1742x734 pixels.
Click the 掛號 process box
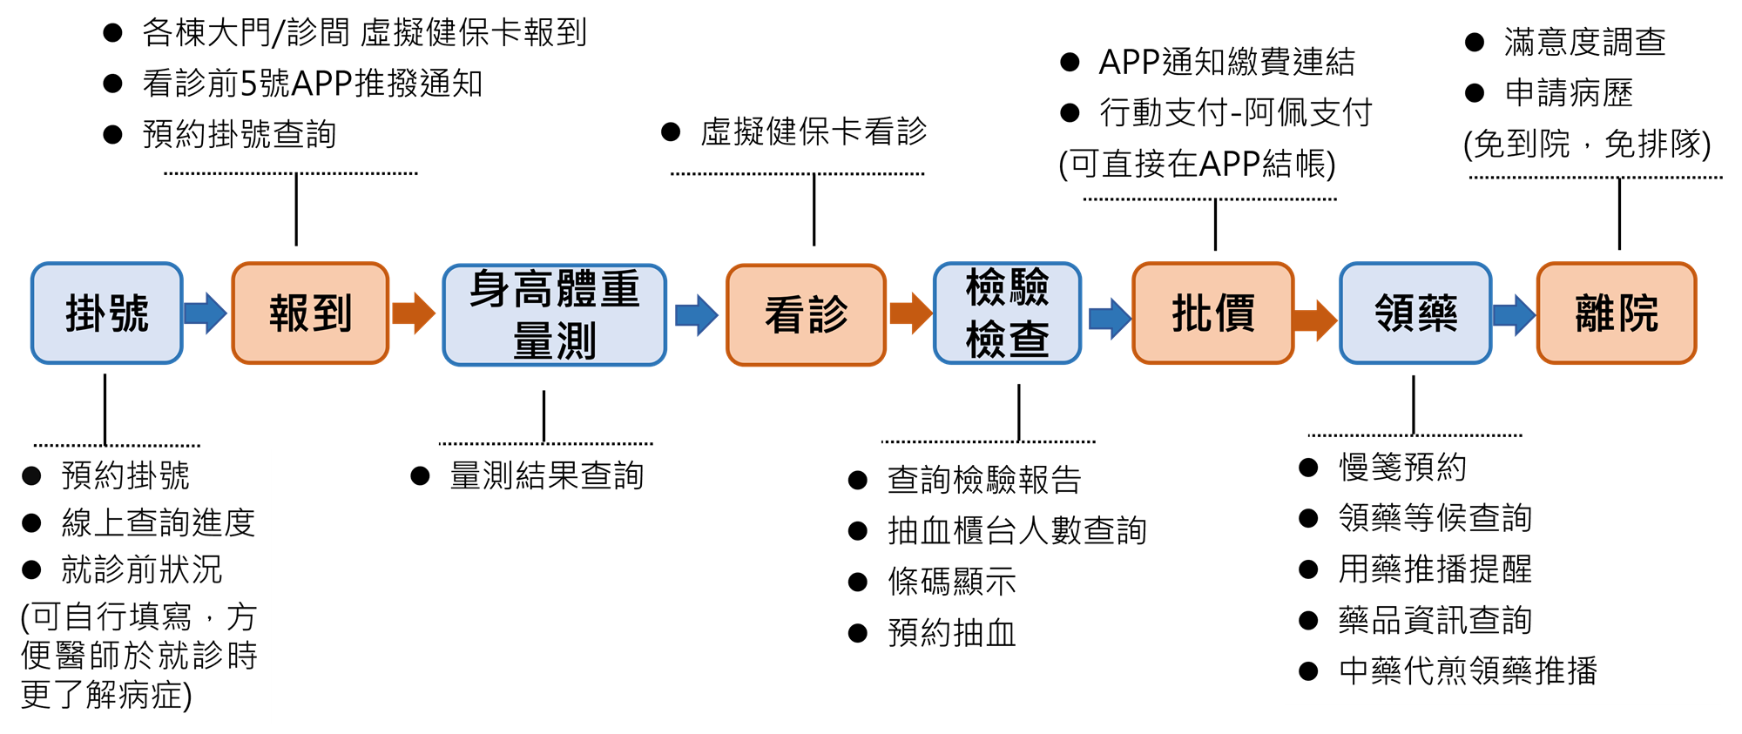pos(107,313)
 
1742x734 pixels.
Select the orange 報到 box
pos(310,313)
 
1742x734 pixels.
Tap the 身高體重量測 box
pos(555,314)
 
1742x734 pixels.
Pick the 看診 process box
pos(807,314)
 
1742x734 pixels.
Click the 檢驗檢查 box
pos(1007,313)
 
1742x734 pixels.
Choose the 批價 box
pos(1213,313)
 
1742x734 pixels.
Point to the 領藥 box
pos(1415,313)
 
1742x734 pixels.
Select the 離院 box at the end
pos(1617,313)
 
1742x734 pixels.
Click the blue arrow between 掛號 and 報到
pos(206,313)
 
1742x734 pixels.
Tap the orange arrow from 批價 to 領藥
pos(1314,320)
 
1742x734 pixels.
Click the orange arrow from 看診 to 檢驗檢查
pos(910,313)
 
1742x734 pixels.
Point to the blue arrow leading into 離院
pos(1514,315)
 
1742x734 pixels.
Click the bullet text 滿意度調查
pos(1584,42)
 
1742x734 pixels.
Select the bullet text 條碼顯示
pos(952,582)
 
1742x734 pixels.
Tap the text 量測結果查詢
pos(546,476)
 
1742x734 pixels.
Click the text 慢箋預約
pos(1402,468)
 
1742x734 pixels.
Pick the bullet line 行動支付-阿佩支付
pos(1235,112)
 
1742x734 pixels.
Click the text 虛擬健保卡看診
pos(814,132)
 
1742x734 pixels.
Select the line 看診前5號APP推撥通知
pos(312,84)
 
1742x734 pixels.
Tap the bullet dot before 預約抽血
pos(858,633)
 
